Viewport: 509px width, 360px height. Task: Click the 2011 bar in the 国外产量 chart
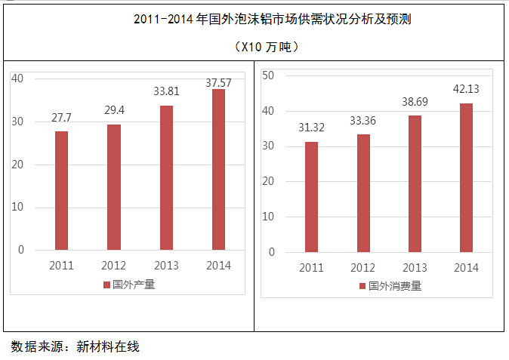[61, 190]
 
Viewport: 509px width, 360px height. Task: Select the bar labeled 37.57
[218, 169]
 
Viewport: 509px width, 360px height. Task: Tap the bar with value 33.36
[363, 193]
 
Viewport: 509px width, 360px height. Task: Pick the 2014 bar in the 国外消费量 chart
[467, 177]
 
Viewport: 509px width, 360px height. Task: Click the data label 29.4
[114, 111]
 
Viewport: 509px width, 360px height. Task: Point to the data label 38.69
[415, 100]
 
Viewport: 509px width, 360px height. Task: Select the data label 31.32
[311, 127]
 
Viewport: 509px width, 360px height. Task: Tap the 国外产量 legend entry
[129, 285]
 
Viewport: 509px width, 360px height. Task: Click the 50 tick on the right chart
[269, 75]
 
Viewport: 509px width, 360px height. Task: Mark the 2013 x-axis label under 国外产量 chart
[166, 266]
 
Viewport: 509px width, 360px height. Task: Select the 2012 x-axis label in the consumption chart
[363, 268]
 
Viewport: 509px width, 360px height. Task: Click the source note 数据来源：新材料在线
[76, 347]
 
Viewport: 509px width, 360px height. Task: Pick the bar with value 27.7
[61, 190]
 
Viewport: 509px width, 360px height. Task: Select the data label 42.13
[467, 88]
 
